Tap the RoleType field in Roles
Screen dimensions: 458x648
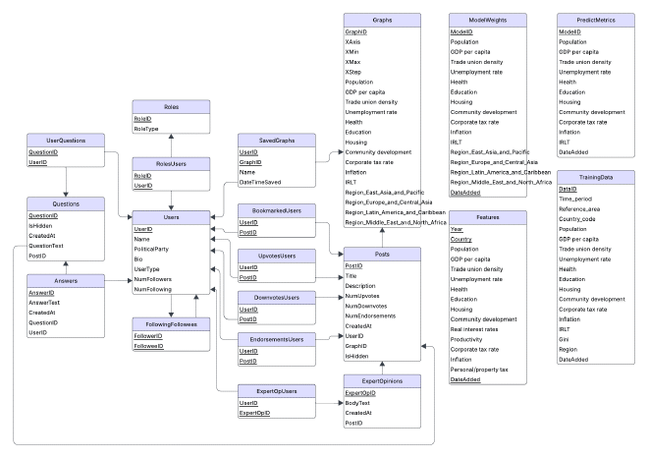tap(148, 128)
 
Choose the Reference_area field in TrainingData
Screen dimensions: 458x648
tap(579, 210)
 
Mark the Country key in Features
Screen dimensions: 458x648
tap(461, 240)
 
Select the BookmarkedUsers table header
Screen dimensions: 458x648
tap(277, 210)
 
